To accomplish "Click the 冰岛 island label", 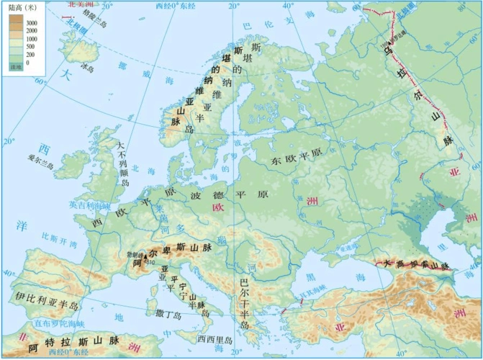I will [x=88, y=68].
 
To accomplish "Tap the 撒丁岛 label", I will [x=168, y=314].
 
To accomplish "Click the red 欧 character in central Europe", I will [x=217, y=207].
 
